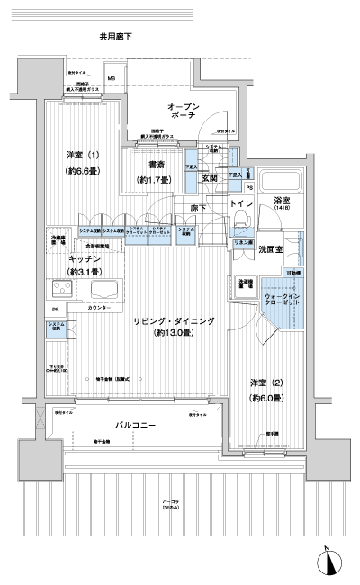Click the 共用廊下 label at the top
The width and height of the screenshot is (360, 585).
pyautogui.click(x=116, y=37)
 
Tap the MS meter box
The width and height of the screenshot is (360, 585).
pyautogui.click(x=112, y=77)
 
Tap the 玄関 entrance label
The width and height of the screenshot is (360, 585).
pyautogui.click(x=210, y=180)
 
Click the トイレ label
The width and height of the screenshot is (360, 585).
pyautogui.click(x=241, y=205)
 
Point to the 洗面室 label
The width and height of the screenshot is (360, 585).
pyautogui.click(x=272, y=248)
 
